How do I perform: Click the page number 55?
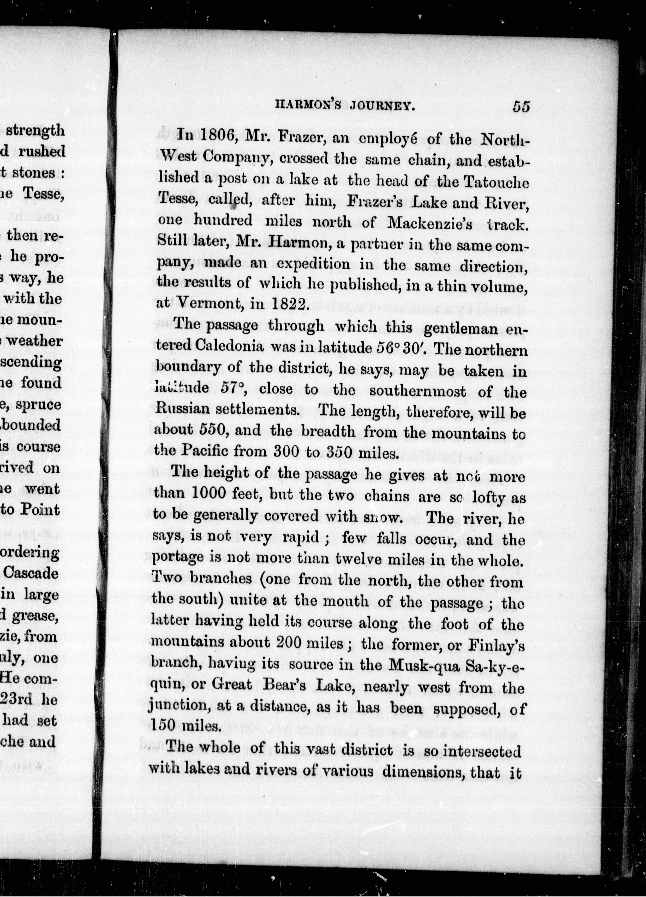click(x=521, y=107)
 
